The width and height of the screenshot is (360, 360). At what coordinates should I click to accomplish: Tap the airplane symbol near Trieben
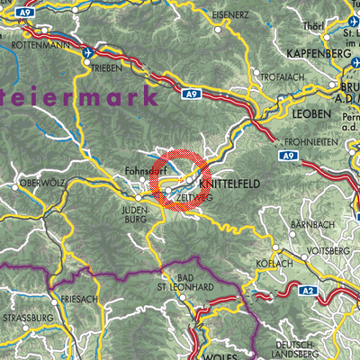pyautogui.click(x=88, y=52)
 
